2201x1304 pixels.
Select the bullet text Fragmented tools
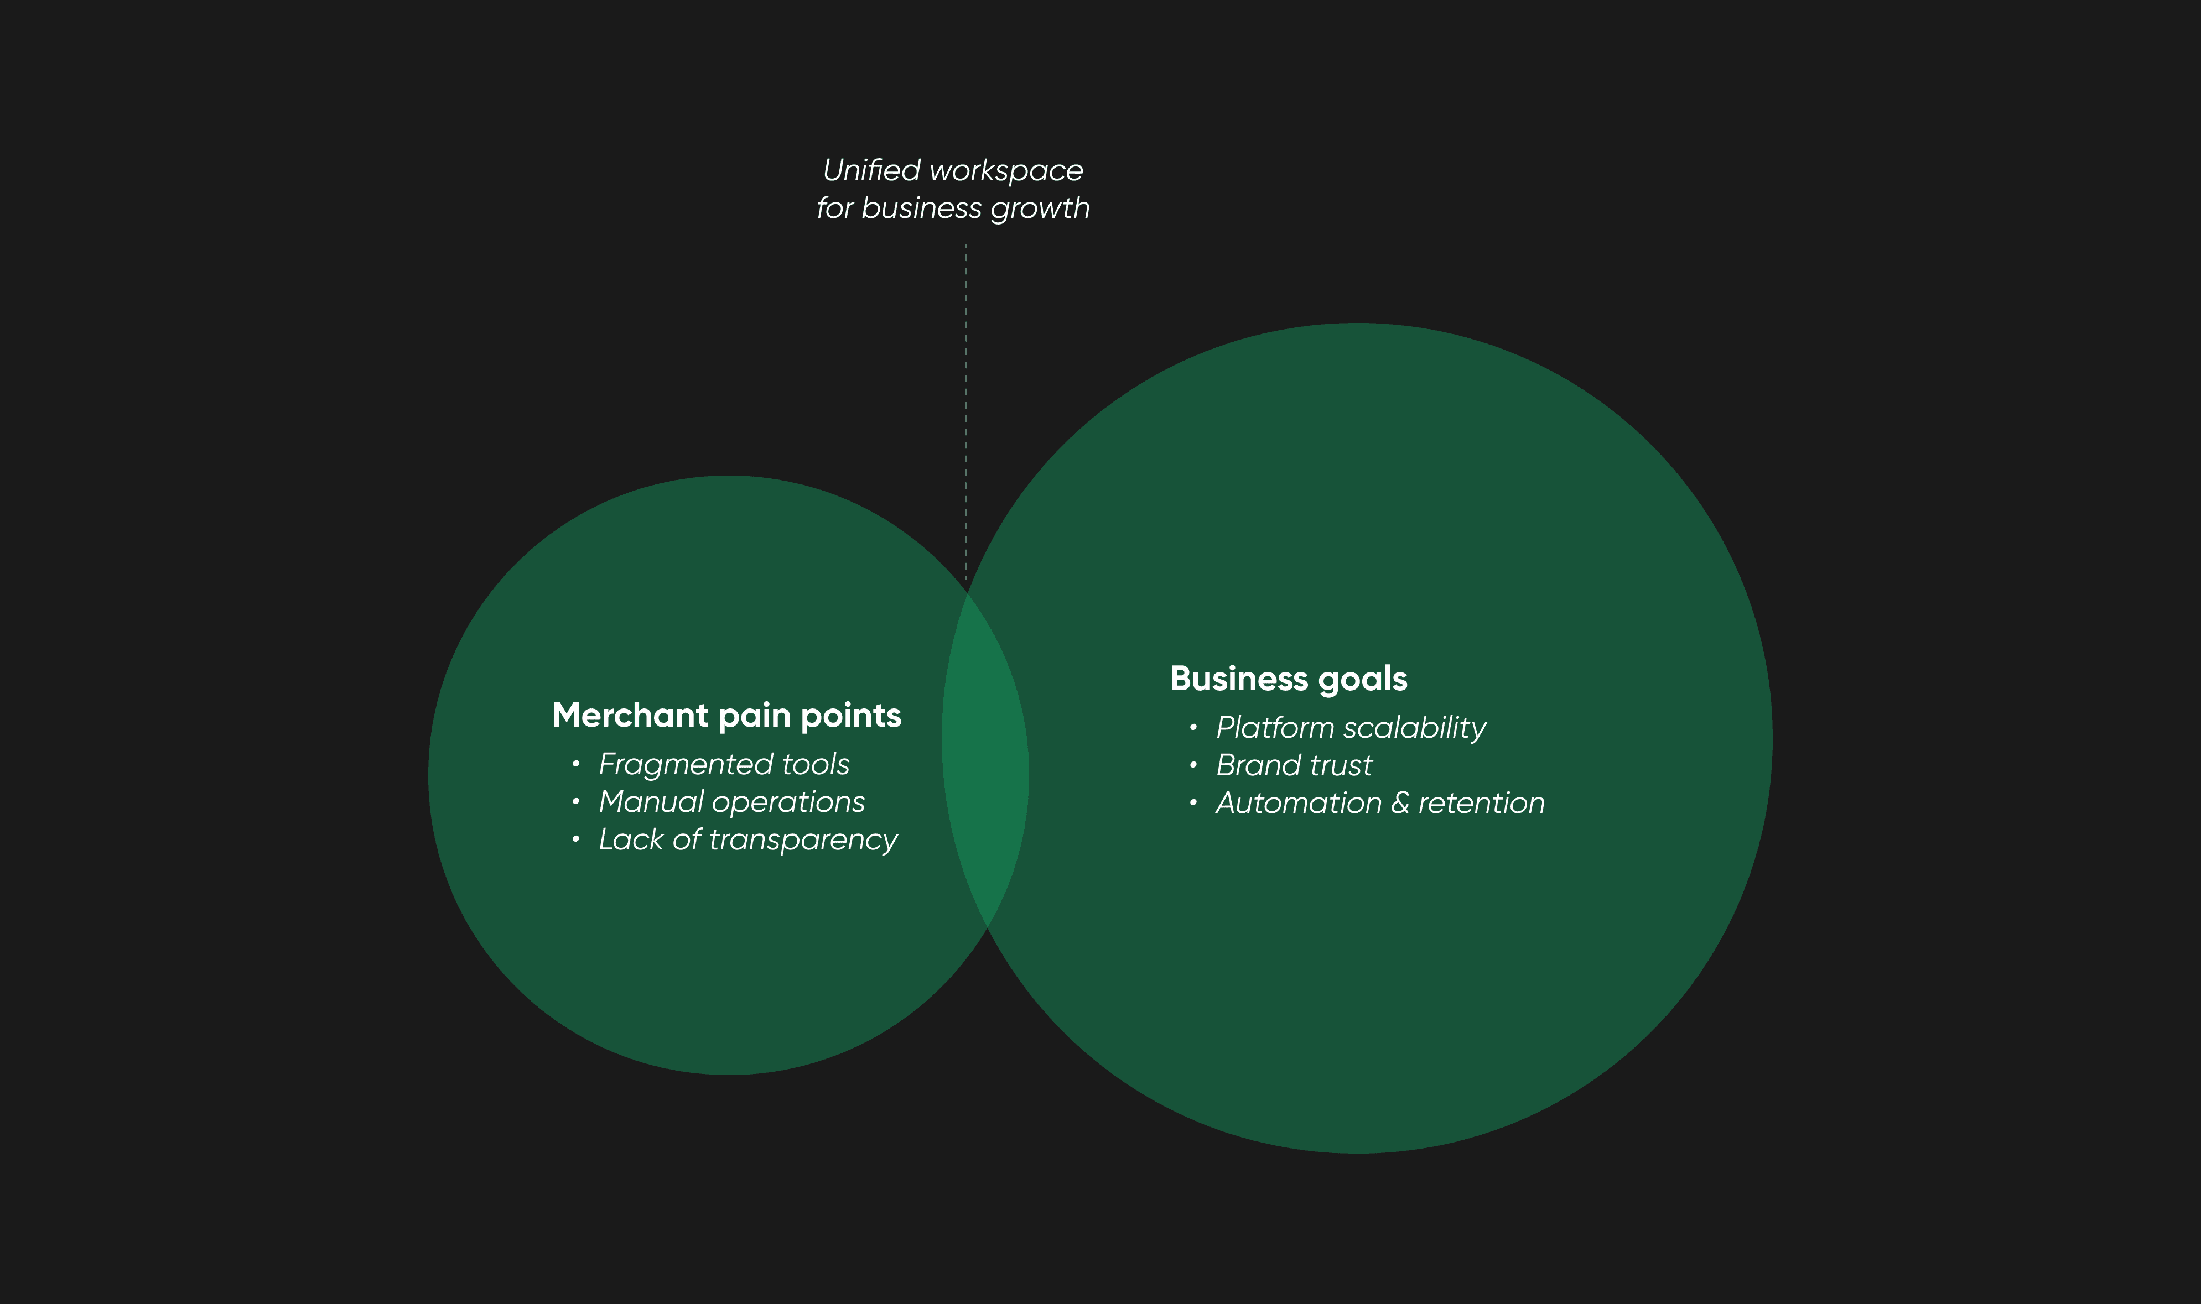723,764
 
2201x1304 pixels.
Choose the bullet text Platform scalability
1350,728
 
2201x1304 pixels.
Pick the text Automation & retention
1379,803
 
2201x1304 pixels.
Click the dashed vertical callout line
966,413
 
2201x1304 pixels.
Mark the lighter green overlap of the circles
985,760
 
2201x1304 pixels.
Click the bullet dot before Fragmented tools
576,764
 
